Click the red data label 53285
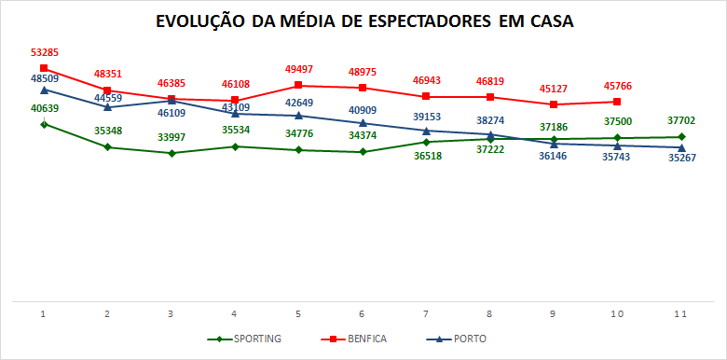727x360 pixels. [x=44, y=53]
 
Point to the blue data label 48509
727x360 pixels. [x=44, y=79]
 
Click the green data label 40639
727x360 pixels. [x=44, y=108]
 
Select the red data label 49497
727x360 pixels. [x=298, y=70]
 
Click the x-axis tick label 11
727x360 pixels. [x=680, y=314]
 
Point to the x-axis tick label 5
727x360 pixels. [x=298, y=314]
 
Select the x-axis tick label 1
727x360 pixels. [x=44, y=314]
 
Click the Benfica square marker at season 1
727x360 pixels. [x=44, y=68]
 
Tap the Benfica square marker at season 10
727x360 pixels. [x=617, y=102]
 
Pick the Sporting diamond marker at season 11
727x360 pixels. [x=681, y=137]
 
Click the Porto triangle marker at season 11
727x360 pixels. [x=681, y=147]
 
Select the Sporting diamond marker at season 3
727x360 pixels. [x=171, y=153]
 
